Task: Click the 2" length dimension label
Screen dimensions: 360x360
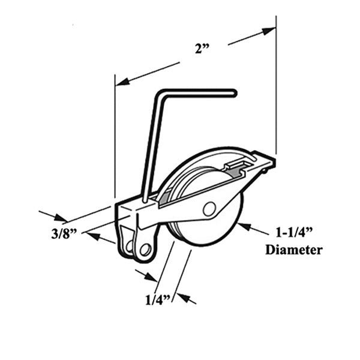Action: tap(202, 49)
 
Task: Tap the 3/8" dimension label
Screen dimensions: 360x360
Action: tap(64, 234)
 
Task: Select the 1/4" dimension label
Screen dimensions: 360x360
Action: tap(158, 300)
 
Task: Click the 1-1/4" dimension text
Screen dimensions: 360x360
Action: tap(294, 233)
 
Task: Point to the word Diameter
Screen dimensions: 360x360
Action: tap(294, 250)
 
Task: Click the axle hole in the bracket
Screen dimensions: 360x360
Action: tap(209, 209)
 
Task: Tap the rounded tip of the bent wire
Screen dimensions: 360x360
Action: tap(234, 93)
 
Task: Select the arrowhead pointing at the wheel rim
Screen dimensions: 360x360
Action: tap(244, 226)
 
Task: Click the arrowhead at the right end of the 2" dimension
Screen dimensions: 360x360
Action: tap(269, 31)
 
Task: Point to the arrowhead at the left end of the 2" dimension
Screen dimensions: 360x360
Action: tap(122, 82)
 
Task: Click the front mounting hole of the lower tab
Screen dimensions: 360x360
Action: tap(145, 250)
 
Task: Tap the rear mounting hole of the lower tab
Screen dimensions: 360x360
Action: tap(129, 247)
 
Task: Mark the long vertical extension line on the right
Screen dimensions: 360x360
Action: tap(276, 85)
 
